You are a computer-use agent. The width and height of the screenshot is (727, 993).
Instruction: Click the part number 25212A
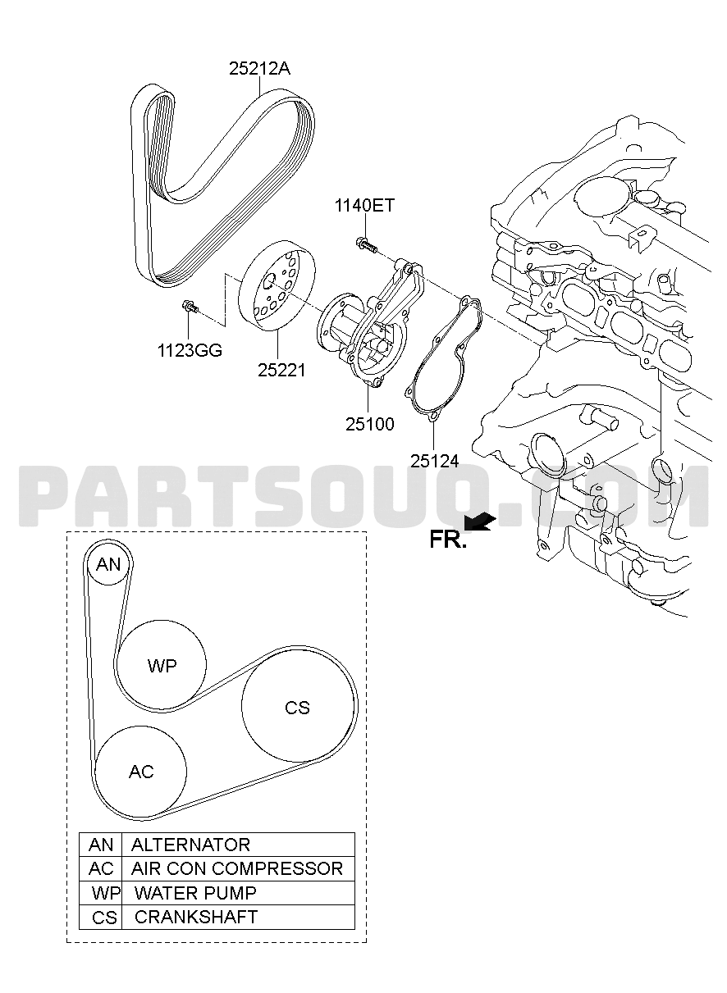[x=259, y=69]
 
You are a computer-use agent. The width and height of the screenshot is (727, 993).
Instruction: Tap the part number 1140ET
[x=364, y=206]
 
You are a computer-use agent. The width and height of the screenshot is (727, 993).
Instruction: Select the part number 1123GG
[x=190, y=351]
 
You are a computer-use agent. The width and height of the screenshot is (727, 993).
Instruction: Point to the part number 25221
[x=282, y=371]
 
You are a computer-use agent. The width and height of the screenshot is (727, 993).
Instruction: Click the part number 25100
[x=370, y=424]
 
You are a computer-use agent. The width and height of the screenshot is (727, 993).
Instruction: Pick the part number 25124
[x=434, y=462]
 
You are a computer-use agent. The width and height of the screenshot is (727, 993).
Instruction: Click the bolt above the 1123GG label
[x=190, y=306]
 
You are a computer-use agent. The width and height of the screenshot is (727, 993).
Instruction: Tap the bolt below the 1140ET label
[x=366, y=244]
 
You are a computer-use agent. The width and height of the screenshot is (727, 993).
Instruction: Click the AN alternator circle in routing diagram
[x=108, y=565]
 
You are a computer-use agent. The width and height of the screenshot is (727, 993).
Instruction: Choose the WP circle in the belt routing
[x=162, y=665]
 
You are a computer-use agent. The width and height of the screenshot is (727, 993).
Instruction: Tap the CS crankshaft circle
[x=297, y=708]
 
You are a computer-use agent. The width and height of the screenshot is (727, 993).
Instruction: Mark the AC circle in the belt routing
[x=141, y=772]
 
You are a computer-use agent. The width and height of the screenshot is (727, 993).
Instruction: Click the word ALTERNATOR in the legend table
[x=190, y=845]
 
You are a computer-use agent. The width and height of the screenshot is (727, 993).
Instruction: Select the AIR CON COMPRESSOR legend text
[x=237, y=868]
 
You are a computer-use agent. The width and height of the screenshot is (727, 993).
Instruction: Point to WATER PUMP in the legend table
[x=195, y=892]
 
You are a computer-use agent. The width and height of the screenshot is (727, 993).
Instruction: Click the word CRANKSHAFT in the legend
[x=196, y=917]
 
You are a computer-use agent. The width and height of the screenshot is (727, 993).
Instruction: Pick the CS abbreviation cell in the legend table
[x=104, y=918]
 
